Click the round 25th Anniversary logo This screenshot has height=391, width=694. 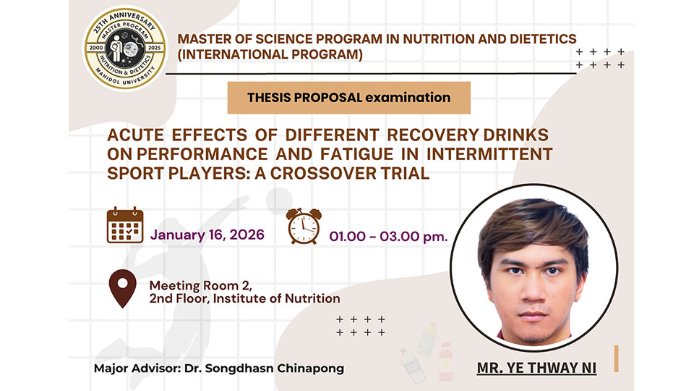coord(125,48)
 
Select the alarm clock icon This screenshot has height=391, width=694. coord(304,226)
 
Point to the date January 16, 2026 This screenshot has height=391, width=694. coord(207,235)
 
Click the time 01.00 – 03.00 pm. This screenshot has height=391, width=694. coord(388,236)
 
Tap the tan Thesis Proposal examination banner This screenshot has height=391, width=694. coord(348,98)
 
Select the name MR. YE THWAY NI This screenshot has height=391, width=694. coord(536,368)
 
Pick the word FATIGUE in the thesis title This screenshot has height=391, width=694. coord(356,154)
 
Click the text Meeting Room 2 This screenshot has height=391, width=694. coord(200,285)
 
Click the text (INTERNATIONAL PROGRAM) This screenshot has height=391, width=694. coord(270,54)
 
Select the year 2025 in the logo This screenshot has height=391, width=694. coord(155,48)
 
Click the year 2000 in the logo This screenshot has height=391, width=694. coord(96,48)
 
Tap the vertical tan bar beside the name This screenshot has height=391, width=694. coord(616,358)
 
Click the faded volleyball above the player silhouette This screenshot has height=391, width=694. coord(279,201)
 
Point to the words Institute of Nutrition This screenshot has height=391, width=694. coord(277,299)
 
